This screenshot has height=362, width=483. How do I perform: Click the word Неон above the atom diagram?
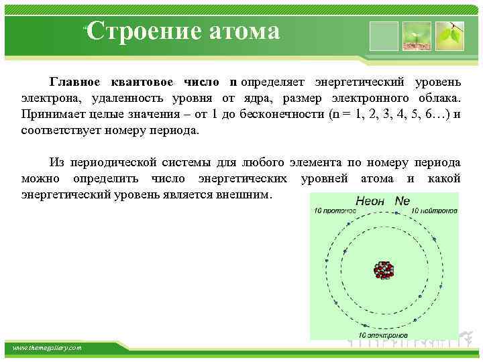point(370,200)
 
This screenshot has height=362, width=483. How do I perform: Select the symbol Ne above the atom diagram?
point(402,200)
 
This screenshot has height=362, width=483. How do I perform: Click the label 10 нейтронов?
point(434,211)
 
